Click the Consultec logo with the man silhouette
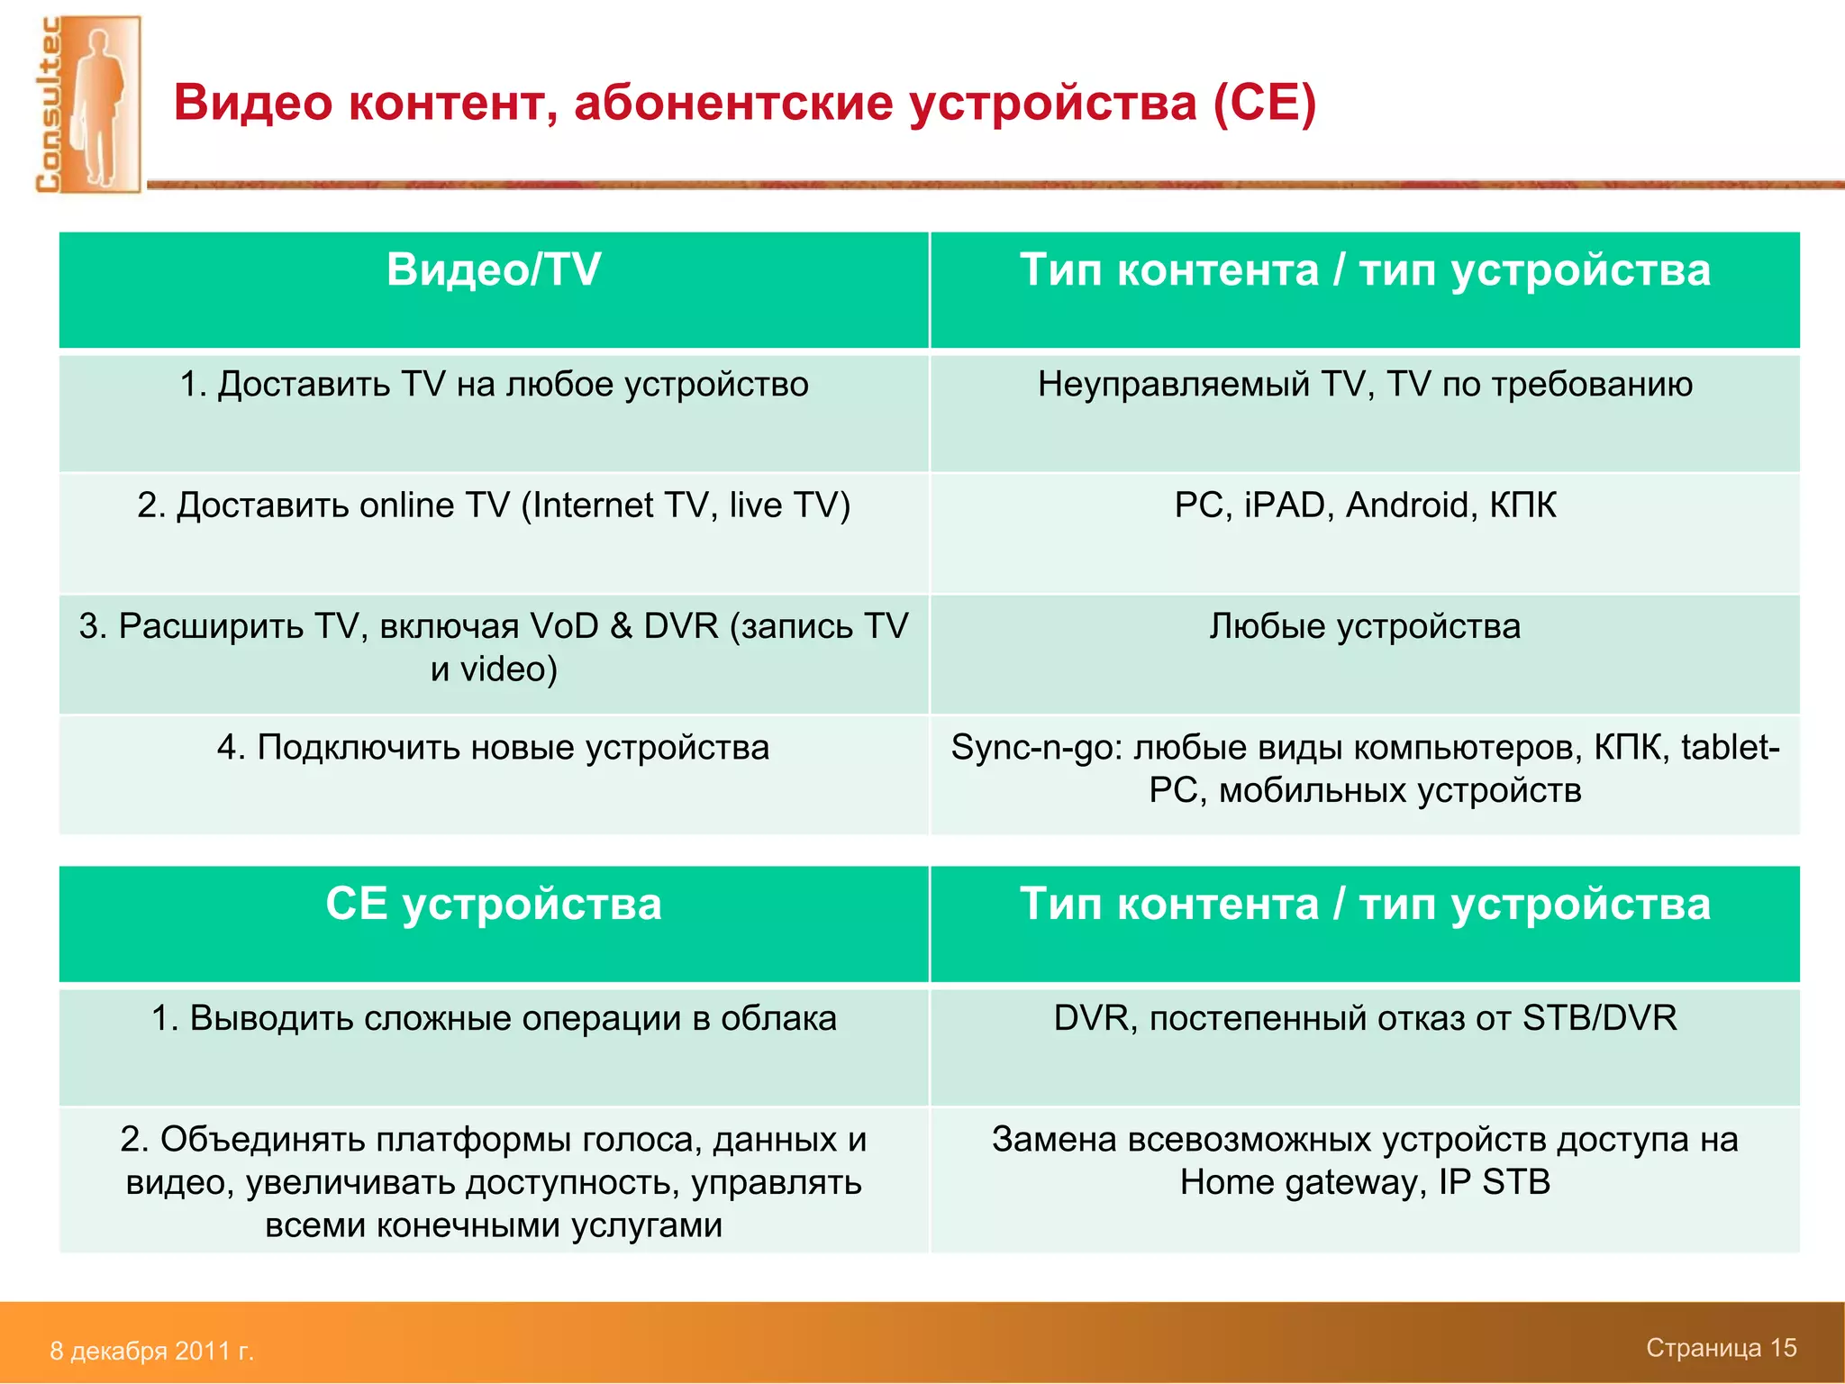[x=87, y=105]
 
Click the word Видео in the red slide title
[x=253, y=102]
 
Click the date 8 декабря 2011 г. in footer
[x=151, y=1351]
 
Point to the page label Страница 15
[x=1721, y=1348]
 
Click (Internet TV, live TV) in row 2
[x=686, y=505]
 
